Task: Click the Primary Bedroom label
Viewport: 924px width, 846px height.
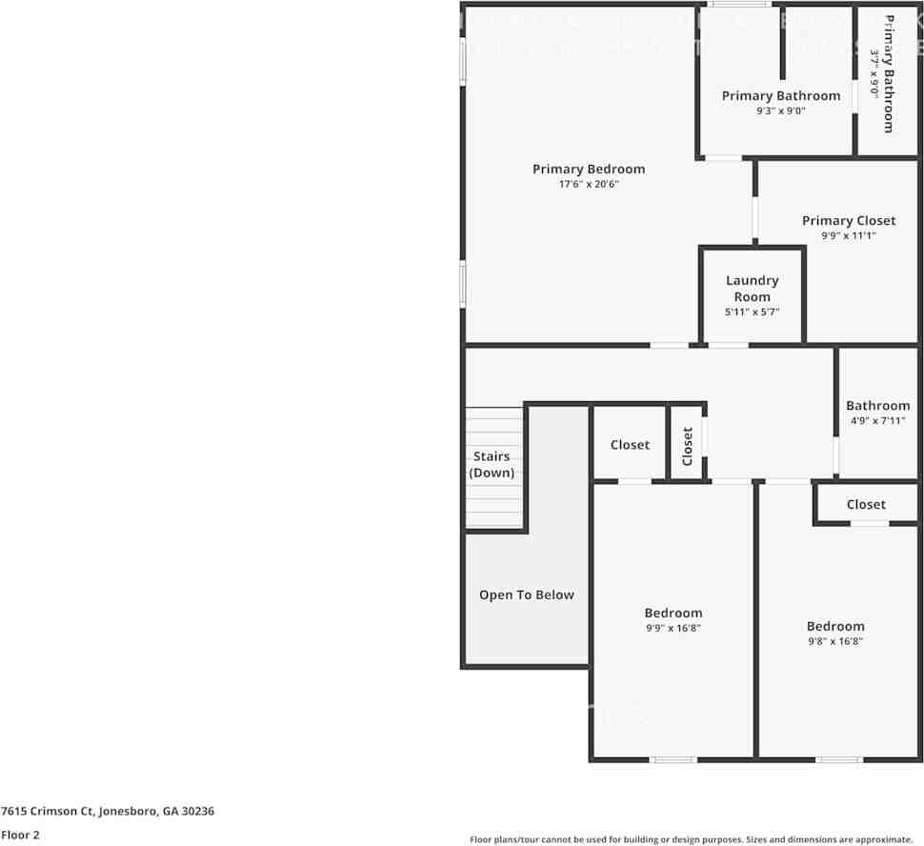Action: click(588, 169)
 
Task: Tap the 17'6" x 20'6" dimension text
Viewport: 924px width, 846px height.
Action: click(588, 184)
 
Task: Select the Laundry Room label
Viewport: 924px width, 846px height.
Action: click(752, 288)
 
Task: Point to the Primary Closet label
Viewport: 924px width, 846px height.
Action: click(848, 220)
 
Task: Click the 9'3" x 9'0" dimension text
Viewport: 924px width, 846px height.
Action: click(780, 111)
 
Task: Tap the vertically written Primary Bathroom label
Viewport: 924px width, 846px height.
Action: click(888, 73)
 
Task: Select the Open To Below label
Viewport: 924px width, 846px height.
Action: click(526, 594)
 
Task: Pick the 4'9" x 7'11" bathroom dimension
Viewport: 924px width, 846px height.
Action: click(876, 420)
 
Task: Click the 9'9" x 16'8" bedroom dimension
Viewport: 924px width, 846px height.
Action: click(673, 628)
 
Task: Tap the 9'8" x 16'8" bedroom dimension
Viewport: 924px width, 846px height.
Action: click(834, 641)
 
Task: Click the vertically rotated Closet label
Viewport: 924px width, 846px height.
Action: click(688, 446)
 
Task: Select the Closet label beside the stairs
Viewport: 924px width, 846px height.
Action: click(630, 445)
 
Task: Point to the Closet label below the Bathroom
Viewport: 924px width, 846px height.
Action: click(865, 504)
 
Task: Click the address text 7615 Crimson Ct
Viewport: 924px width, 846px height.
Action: click(107, 811)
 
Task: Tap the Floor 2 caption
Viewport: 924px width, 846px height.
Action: click(20, 834)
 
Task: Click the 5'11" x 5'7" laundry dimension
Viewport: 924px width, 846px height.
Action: click(752, 312)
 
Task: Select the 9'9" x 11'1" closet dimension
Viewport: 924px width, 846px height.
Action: click(848, 235)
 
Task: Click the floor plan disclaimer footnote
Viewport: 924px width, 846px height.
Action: click(691, 839)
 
